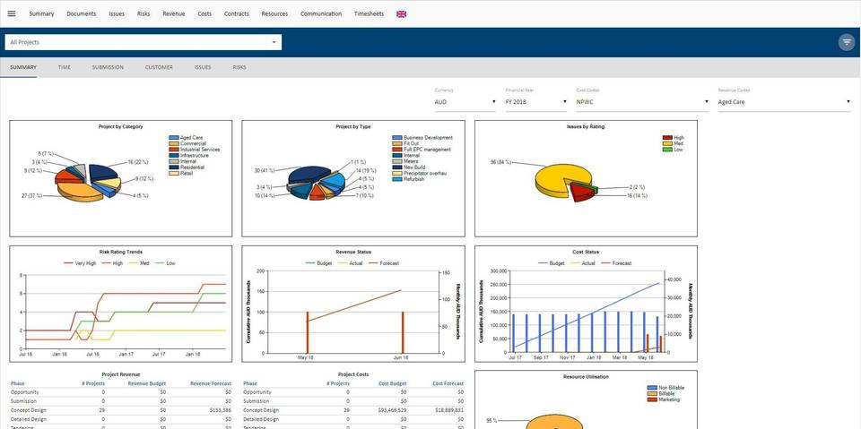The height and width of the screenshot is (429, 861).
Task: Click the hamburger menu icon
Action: point(12,13)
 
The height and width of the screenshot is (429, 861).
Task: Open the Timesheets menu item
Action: point(369,13)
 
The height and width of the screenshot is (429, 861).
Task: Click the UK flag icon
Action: point(401,13)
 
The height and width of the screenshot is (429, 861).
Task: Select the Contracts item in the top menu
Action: point(237,13)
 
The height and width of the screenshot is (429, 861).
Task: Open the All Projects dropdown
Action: point(143,42)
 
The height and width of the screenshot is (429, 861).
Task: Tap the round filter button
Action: point(846,42)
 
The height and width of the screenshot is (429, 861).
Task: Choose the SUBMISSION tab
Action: point(108,67)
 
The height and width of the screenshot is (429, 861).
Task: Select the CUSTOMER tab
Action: point(159,67)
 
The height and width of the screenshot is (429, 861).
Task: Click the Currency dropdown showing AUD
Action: point(465,102)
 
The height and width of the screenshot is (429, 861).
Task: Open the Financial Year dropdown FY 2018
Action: point(535,102)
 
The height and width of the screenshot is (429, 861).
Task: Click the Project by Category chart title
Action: point(120,127)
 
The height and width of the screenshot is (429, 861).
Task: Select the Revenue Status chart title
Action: point(352,253)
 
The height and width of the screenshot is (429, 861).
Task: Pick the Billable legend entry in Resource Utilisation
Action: point(666,393)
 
